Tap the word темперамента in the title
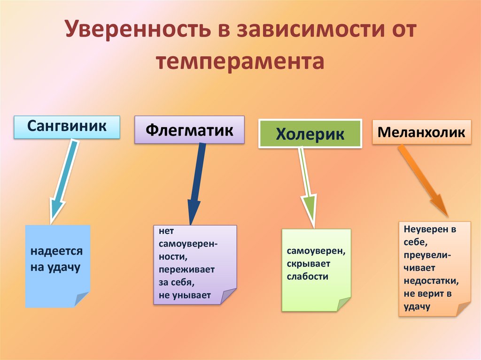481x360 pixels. pyautogui.click(x=240, y=61)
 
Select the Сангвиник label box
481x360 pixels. pyautogui.click(x=67, y=127)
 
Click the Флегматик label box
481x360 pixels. pyautogui.click(x=189, y=130)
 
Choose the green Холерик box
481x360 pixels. pyautogui.click(x=310, y=134)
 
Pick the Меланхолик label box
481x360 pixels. pyautogui.click(x=421, y=132)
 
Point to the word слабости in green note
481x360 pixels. pyautogui.click(x=307, y=276)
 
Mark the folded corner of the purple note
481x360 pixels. pyautogui.click(x=229, y=296)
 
